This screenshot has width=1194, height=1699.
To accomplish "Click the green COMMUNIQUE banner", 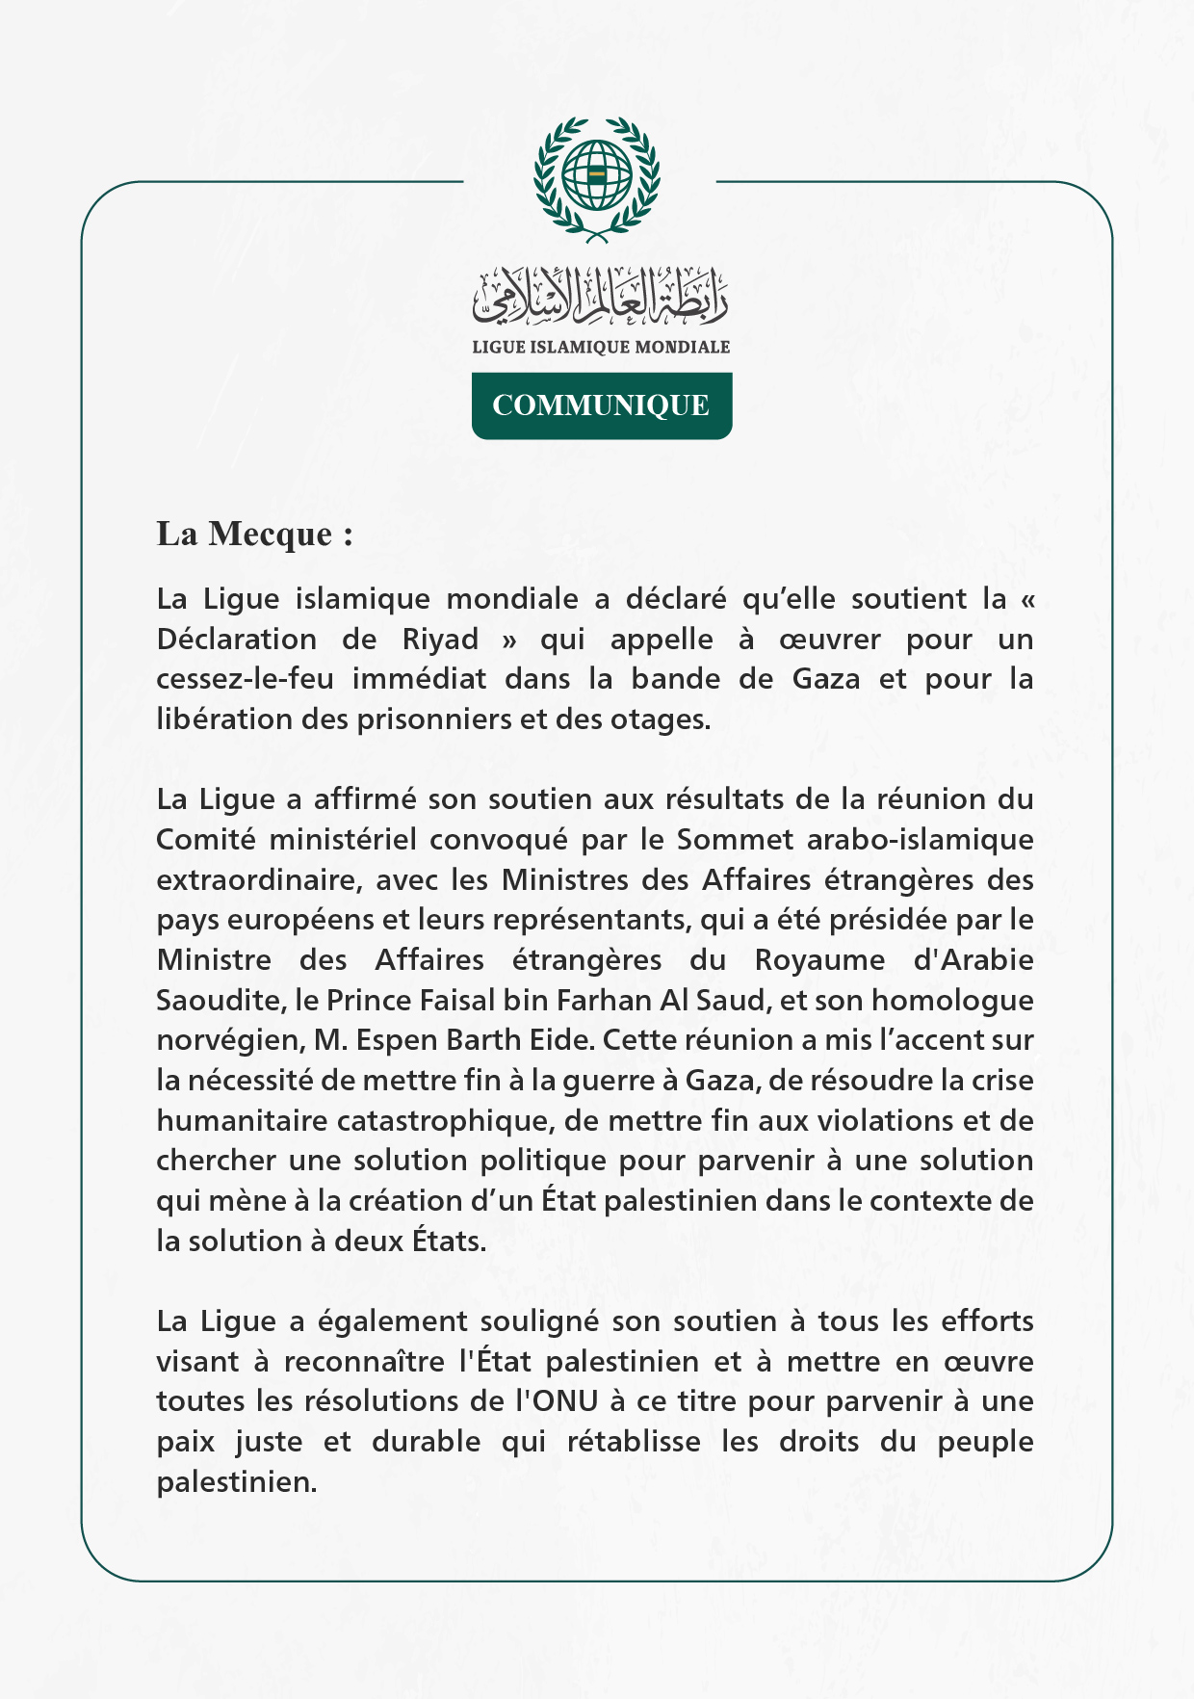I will [601, 405].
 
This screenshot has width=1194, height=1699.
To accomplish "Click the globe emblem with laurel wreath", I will [597, 179].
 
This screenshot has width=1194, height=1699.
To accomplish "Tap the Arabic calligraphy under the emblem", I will [600, 296].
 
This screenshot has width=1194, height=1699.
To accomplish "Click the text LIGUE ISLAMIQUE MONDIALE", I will [601, 347].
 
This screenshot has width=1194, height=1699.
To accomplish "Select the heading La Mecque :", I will [254, 534].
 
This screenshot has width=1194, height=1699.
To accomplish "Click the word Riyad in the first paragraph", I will [440, 640].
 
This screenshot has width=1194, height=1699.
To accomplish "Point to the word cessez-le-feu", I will [246, 679].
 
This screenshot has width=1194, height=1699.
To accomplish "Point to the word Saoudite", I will [219, 1000].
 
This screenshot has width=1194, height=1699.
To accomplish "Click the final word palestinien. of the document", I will [237, 1482].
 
